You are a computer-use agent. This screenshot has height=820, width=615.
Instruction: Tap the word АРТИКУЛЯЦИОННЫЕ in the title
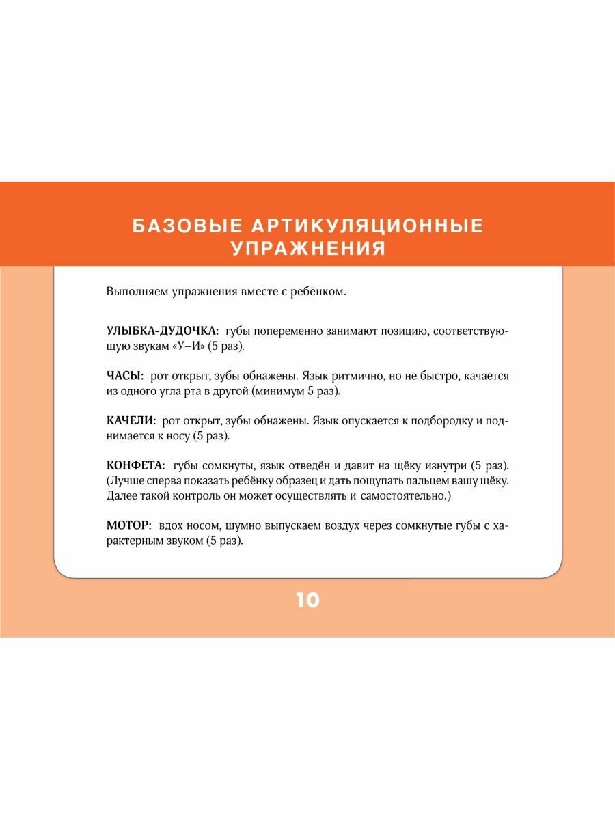pyautogui.click(x=359, y=226)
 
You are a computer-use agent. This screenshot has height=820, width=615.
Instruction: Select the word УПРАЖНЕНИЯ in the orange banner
pyautogui.click(x=308, y=249)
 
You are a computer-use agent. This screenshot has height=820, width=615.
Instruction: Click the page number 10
pyautogui.click(x=308, y=601)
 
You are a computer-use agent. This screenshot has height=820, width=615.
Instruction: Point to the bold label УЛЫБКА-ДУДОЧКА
pyautogui.click(x=161, y=331)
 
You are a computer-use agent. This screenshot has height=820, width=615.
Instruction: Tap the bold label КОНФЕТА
pyautogui.click(x=135, y=466)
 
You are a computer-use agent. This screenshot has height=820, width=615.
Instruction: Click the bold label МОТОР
pyautogui.click(x=128, y=526)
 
